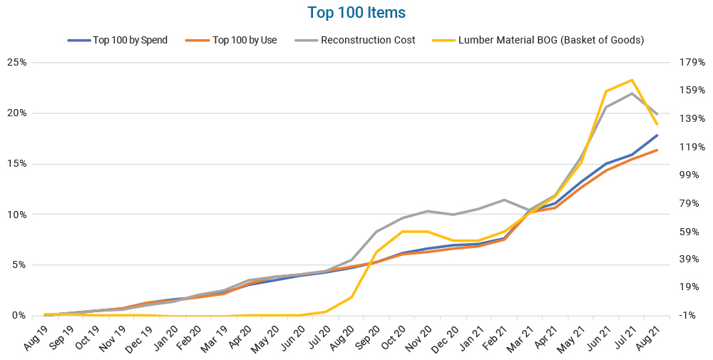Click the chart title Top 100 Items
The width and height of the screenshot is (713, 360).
[x=356, y=13]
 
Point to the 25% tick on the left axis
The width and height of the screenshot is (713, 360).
[x=16, y=62]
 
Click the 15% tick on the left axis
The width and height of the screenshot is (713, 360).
[x=16, y=163]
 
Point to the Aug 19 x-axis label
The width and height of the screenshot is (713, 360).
[x=36, y=335]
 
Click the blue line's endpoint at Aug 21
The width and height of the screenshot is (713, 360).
[x=657, y=135]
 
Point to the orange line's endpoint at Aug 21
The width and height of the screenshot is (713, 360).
[x=657, y=150]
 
